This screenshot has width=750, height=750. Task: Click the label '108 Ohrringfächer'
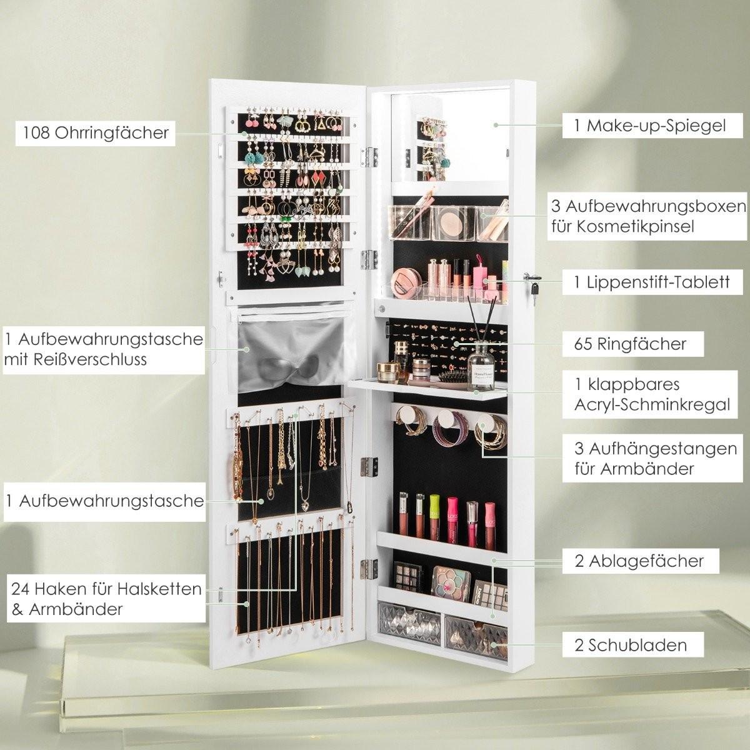coord(96,133)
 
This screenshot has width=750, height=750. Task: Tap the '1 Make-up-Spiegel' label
coord(650,126)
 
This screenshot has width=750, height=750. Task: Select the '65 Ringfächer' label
coord(630,344)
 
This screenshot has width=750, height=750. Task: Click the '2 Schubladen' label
coord(631,645)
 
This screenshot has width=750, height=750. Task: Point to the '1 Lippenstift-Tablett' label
coord(651,282)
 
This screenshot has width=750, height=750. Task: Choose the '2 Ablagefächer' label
coord(639,561)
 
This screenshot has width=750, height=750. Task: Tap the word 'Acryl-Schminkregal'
coord(652,405)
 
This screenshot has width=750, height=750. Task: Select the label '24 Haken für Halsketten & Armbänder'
coord(106,599)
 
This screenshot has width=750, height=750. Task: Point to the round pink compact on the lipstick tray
coord(407,285)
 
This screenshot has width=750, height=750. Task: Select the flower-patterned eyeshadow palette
coord(452,582)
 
